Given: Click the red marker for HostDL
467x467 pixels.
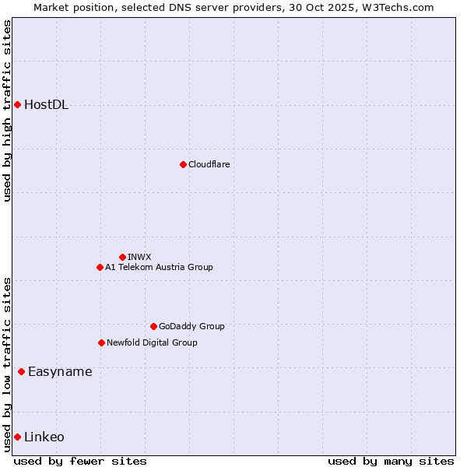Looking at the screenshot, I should tap(17, 104).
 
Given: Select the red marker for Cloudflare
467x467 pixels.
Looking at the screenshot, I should tap(183, 164).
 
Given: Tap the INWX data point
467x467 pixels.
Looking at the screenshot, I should tap(122, 257).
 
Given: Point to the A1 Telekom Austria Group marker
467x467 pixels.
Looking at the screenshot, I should tap(100, 267).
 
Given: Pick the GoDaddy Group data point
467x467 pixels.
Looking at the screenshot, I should tap(153, 326).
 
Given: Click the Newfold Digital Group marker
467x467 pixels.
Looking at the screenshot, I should tap(101, 342).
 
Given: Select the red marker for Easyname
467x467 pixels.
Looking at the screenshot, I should tap(21, 371).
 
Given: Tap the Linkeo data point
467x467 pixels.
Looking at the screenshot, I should tap(17, 437).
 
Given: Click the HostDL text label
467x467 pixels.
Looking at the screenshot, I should tap(47, 105).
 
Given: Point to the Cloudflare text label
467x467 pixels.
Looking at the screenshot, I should tap(209, 164).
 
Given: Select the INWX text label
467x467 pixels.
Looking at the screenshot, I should tap(139, 257).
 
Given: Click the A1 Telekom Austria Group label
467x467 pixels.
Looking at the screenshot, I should tap(159, 267).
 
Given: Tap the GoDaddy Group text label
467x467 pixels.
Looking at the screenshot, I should tap(191, 326).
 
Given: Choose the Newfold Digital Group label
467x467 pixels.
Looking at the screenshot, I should tap(152, 342).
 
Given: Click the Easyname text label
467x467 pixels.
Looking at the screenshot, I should tap(60, 372).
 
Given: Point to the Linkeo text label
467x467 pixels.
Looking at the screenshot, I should tap(44, 437).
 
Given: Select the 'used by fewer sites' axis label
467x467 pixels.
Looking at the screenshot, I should tap(80, 461).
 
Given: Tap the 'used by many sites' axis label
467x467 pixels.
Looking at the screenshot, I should tap(391, 461).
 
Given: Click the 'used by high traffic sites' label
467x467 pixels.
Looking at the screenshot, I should tap(7, 111).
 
